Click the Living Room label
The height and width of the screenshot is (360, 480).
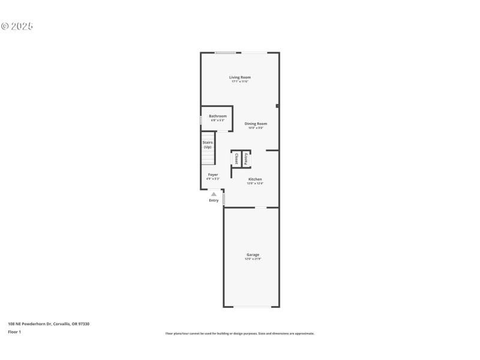[x=240, y=77]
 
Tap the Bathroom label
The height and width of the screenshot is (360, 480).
[x=218, y=116]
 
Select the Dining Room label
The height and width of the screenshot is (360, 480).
[x=256, y=124]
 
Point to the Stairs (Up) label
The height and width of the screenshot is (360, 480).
[x=208, y=145]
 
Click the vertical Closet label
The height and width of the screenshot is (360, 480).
[x=236, y=159]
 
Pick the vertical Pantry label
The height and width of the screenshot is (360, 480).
[x=246, y=159]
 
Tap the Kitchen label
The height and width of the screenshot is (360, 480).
[x=255, y=179]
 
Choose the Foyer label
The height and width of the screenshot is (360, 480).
[x=213, y=175]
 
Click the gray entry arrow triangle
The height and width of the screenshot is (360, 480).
[x=214, y=194]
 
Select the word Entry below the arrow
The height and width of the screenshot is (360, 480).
[x=214, y=200]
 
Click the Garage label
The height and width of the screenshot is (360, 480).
[x=253, y=254]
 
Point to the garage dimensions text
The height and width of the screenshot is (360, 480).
[x=253, y=259]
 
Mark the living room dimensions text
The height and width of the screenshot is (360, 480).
[x=240, y=82]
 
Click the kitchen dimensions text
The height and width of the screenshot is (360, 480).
[x=255, y=183]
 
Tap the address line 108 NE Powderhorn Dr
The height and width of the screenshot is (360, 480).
[x=49, y=324]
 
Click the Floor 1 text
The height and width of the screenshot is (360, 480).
[x=14, y=331]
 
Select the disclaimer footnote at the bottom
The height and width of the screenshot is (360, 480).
[x=240, y=334]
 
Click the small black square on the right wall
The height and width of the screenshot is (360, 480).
[x=277, y=106]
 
